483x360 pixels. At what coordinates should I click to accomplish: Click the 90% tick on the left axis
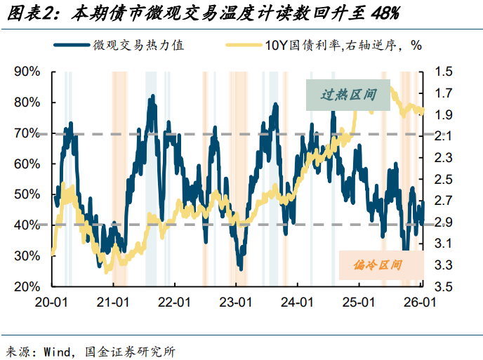(27, 72)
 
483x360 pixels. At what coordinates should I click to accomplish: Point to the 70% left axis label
(27, 133)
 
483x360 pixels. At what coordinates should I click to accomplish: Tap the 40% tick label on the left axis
(27, 225)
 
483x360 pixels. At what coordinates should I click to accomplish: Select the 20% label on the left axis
(27, 286)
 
